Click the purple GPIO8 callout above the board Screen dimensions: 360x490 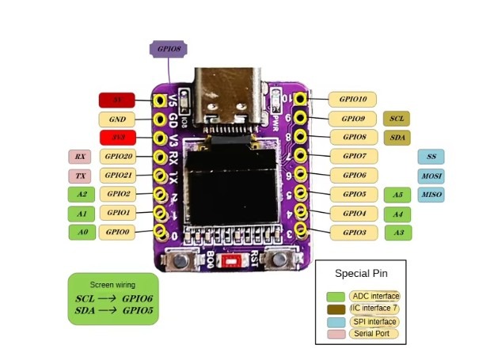[x=168, y=49]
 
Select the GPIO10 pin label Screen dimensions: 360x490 [x=352, y=100]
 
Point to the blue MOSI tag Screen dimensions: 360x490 [x=431, y=176]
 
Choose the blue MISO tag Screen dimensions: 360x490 [x=431, y=195]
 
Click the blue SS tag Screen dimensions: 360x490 [x=431, y=157]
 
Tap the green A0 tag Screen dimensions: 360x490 [x=81, y=233]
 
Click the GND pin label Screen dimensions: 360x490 [x=117, y=119]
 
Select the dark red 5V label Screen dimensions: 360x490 [x=117, y=100]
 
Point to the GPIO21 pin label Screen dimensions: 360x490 [x=119, y=176]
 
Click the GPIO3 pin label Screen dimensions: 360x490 [x=352, y=233]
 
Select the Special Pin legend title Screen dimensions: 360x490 [x=360, y=274]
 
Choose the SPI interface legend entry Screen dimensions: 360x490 [x=374, y=322]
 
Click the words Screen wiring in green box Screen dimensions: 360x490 [x=112, y=284]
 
